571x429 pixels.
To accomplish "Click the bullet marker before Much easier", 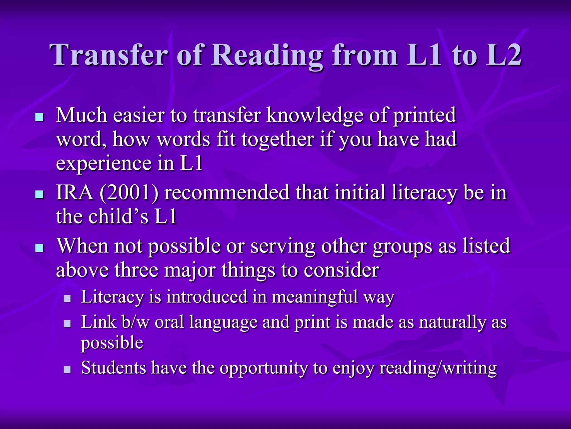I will [x=40, y=117].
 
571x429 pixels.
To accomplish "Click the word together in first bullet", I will [x=278, y=139].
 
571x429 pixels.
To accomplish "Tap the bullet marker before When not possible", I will [x=40, y=248].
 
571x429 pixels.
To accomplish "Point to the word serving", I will [x=283, y=246].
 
